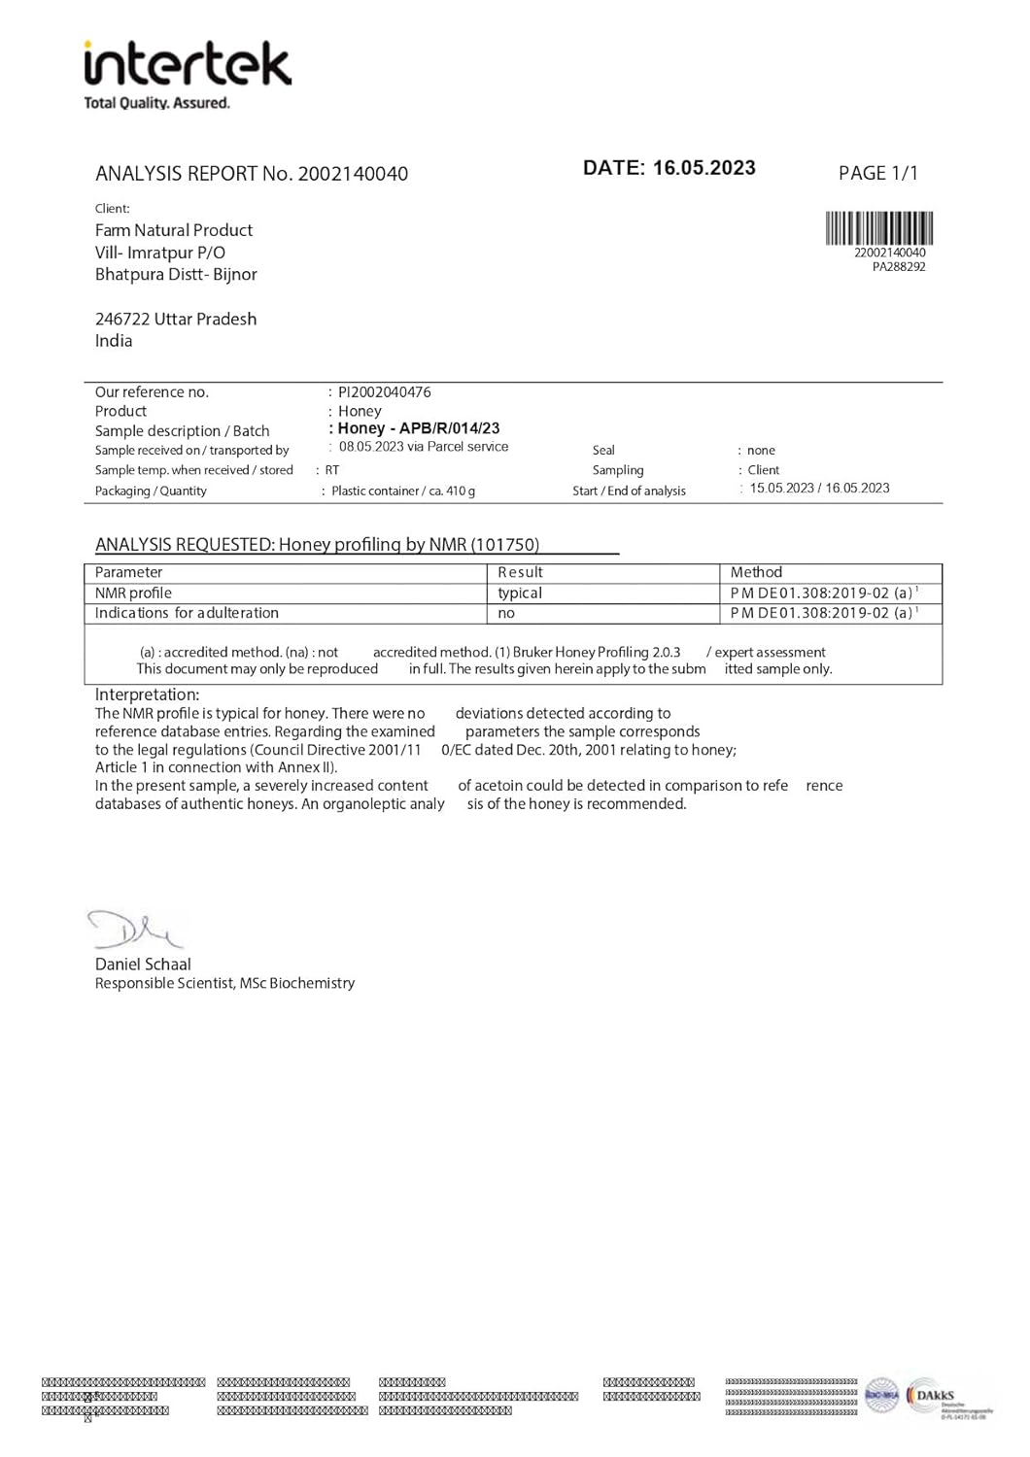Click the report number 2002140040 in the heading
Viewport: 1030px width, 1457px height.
(x=353, y=174)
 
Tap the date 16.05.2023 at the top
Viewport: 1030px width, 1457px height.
(x=704, y=168)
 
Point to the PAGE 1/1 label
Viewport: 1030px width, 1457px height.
(x=877, y=173)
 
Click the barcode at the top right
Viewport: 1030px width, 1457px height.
(x=879, y=228)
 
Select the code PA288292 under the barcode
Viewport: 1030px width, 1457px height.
(x=899, y=267)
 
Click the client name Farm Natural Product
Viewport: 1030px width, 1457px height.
(x=174, y=230)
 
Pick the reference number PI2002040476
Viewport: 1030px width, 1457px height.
(x=385, y=392)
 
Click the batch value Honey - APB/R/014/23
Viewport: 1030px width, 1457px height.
(x=419, y=428)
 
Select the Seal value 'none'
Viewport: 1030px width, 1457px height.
(x=761, y=451)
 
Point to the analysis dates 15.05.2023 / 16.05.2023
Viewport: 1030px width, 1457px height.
(x=819, y=489)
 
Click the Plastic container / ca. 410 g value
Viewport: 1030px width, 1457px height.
(x=403, y=491)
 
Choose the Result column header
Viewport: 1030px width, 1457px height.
(x=520, y=573)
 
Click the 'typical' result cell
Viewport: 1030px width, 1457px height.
(x=520, y=593)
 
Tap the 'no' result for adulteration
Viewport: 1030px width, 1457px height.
(x=506, y=614)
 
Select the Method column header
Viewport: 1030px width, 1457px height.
(x=756, y=573)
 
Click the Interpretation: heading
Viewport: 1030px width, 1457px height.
(x=147, y=695)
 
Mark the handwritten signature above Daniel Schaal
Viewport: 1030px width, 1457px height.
(x=133, y=930)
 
